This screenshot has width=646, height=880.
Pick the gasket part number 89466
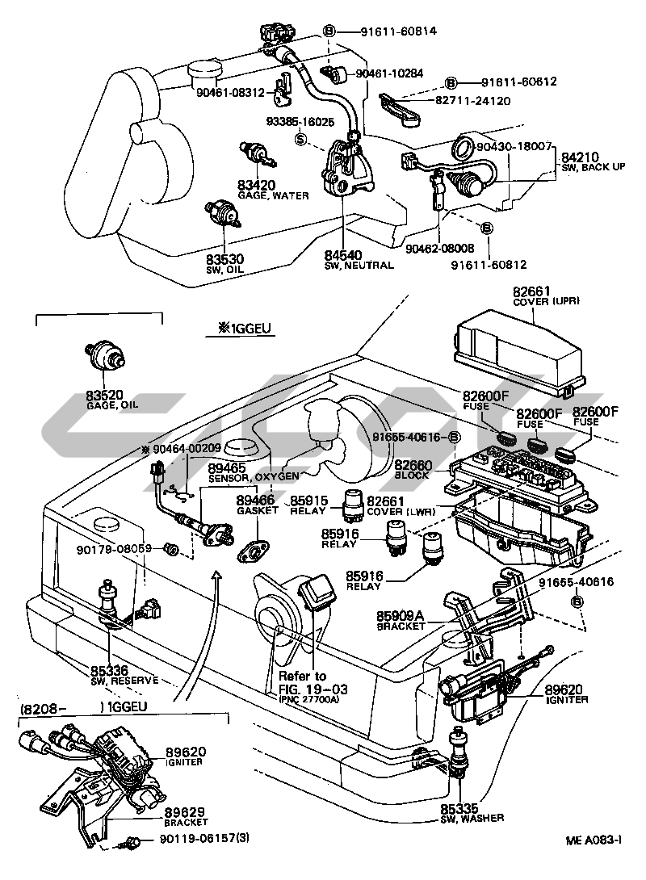pyautogui.click(x=255, y=501)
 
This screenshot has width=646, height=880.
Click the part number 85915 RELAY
pyautogui.click(x=309, y=501)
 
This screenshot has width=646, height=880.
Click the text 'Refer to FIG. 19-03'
pyautogui.click(x=303, y=681)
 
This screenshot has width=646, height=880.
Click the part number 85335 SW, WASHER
pyautogui.click(x=459, y=808)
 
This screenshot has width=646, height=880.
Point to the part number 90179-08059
pyautogui.click(x=114, y=550)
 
